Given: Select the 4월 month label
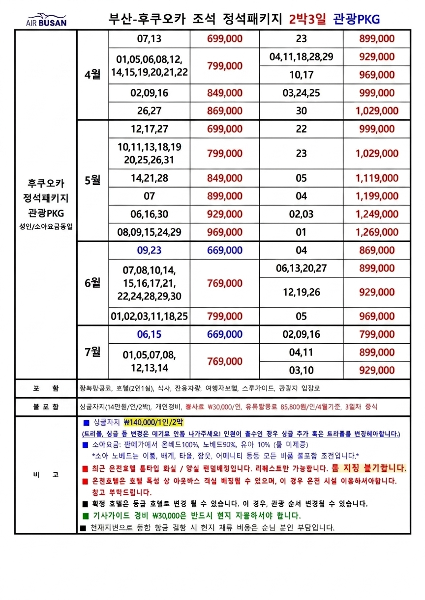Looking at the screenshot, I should [x=92, y=75].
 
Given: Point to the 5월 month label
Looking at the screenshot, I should [x=92, y=180].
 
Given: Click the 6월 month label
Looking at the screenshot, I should [x=92, y=283].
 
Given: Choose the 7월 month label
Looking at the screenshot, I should [x=92, y=352].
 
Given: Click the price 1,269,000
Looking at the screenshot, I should [x=377, y=232].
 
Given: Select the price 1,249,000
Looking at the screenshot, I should [x=377, y=214].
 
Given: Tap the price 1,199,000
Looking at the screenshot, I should [x=377, y=196].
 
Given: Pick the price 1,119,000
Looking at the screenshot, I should [x=377, y=178].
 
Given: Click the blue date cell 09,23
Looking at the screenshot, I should [x=150, y=250].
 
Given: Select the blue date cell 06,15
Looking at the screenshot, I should [x=150, y=334].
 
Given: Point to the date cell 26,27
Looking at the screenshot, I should [x=150, y=111].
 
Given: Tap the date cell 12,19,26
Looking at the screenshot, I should [x=302, y=292].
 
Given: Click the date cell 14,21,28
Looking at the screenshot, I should [x=150, y=178].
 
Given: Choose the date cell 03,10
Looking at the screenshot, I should [x=302, y=370].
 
